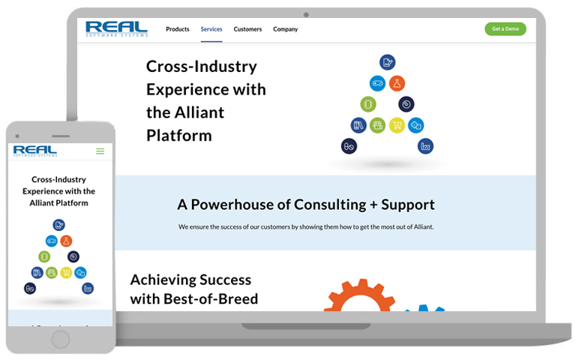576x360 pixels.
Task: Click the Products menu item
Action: point(178,29)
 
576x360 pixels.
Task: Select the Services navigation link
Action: point(211,29)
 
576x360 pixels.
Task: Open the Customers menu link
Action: point(247,29)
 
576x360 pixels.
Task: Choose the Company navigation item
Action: point(286,29)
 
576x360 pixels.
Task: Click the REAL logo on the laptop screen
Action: point(116,28)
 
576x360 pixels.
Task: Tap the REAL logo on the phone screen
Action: point(35,151)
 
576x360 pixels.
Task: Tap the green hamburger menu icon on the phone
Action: point(100,151)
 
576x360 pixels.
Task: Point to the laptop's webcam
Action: point(306,15)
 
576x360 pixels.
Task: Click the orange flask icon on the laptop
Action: point(397,83)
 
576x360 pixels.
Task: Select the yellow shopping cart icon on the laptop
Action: point(397,125)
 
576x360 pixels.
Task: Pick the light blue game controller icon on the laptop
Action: point(378,83)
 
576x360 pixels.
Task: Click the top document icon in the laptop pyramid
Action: point(387,62)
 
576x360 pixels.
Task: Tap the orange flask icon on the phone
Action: point(66,241)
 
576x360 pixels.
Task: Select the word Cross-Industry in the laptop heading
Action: point(201,67)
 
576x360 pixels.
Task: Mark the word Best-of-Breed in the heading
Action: point(211,299)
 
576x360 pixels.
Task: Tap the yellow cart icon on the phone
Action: point(66,272)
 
